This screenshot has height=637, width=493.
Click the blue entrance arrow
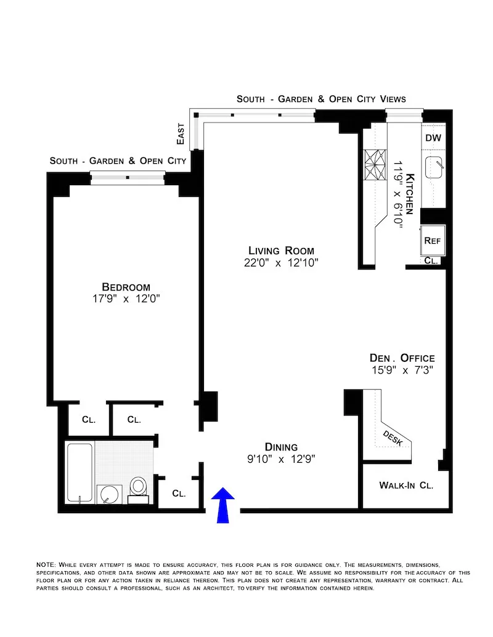pyautogui.click(x=223, y=504)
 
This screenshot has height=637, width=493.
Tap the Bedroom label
pyautogui.click(x=126, y=287)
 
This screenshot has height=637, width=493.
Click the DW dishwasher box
pyautogui.click(x=433, y=138)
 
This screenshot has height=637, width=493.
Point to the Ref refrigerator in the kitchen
pyautogui.click(x=432, y=241)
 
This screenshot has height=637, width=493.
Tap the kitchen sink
pyautogui.click(x=435, y=167)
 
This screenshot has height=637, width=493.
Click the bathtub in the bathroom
pyautogui.click(x=79, y=473)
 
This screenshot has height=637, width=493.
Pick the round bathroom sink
pyautogui.click(x=109, y=494)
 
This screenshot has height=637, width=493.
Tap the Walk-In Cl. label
pyautogui.click(x=405, y=485)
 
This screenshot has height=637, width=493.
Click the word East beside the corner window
pyautogui.click(x=181, y=134)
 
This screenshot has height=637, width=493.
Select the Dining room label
pyautogui.click(x=281, y=447)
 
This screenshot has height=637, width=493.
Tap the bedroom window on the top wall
pyautogui.click(x=128, y=177)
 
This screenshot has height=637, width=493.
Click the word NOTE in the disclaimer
pyautogui.click(x=46, y=564)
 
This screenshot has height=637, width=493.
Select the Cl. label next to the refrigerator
pyautogui.click(x=432, y=261)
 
